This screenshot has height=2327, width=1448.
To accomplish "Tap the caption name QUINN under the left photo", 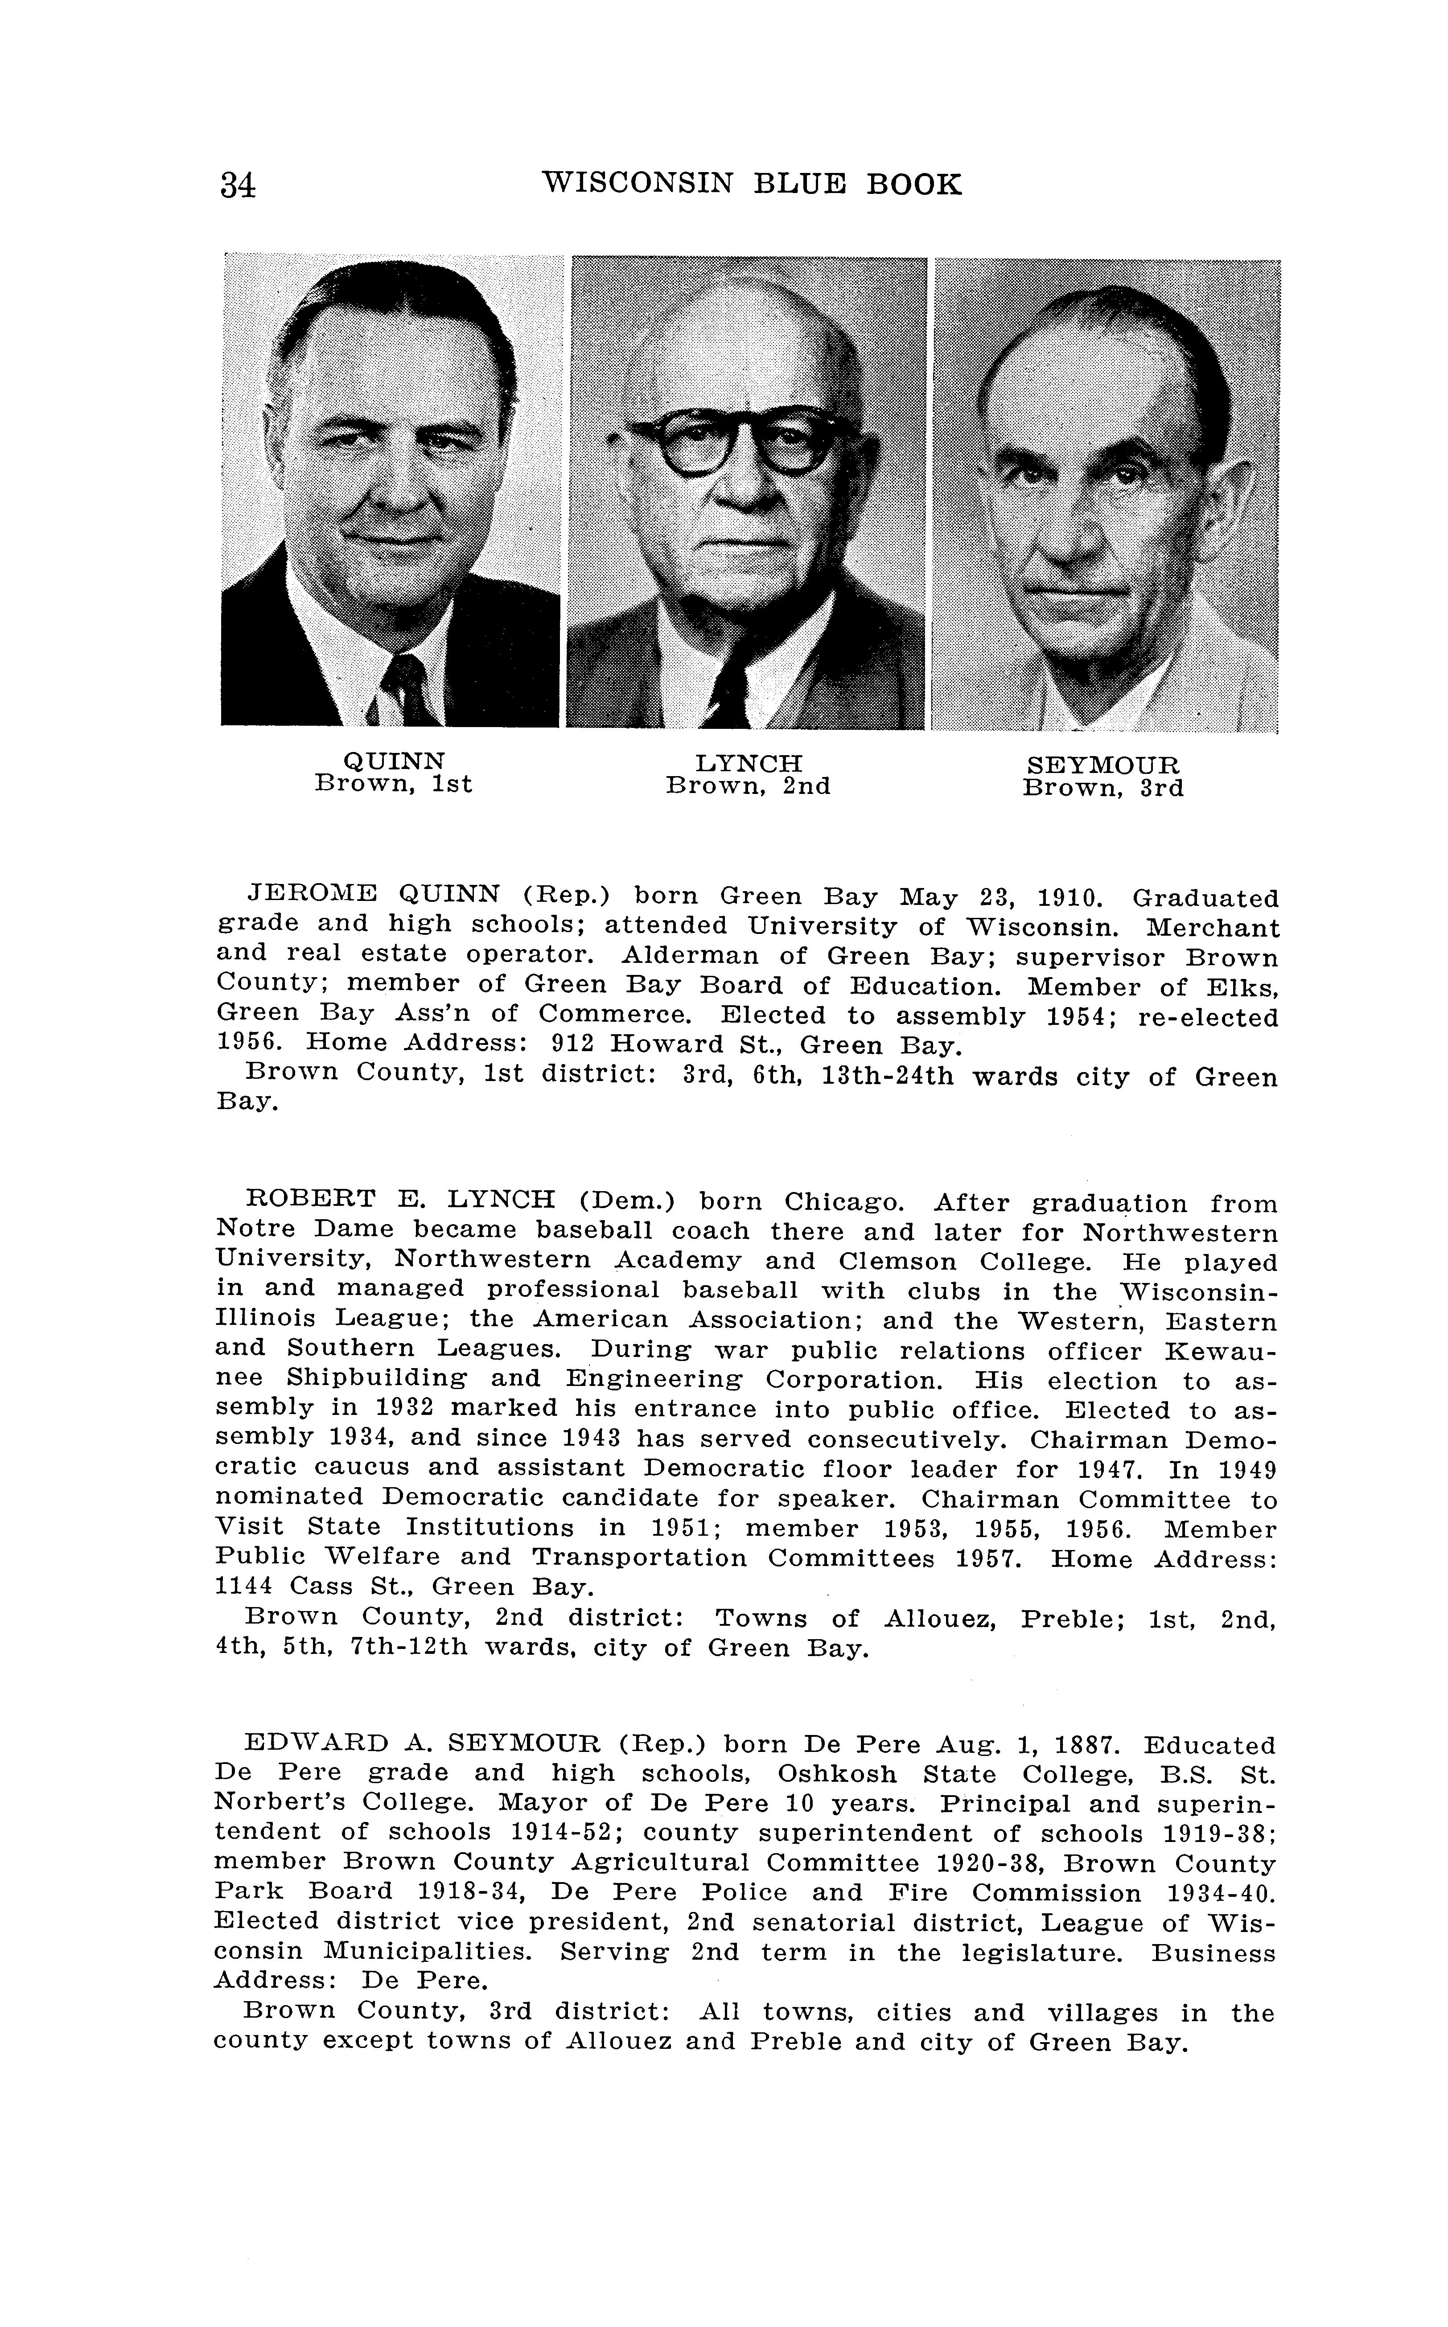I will click(x=394, y=761).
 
